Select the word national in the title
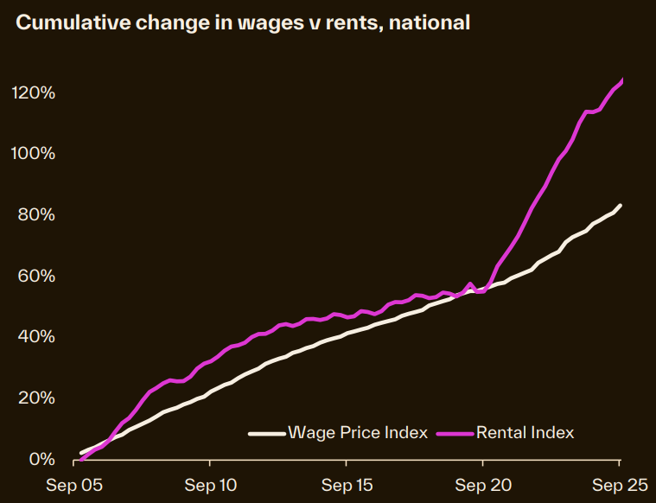(430, 23)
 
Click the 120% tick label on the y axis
(35, 92)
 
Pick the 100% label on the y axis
(35, 154)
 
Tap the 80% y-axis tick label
(38, 214)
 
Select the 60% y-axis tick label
(38, 276)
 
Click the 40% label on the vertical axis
(38, 336)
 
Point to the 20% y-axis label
(38, 398)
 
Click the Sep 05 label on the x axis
(74, 485)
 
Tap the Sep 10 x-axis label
(211, 485)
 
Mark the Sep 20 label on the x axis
(484, 485)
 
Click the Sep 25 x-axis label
(619, 485)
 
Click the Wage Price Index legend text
(358, 432)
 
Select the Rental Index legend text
(525, 432)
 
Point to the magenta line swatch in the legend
(455, 433)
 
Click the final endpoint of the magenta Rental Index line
(621, 80)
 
